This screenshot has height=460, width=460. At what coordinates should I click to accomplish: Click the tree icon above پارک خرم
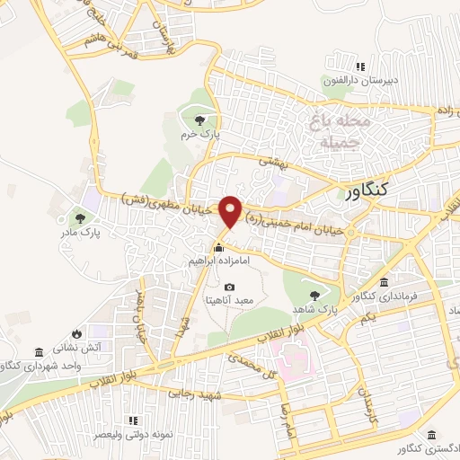point(199,120)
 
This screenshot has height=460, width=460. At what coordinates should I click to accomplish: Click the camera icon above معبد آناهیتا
point(228,287)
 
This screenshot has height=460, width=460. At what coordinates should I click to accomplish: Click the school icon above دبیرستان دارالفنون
point(360,66)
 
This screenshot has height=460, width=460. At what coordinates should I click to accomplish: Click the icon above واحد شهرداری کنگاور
point(38,351)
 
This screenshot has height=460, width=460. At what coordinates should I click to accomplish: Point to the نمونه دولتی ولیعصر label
point(134,434)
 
